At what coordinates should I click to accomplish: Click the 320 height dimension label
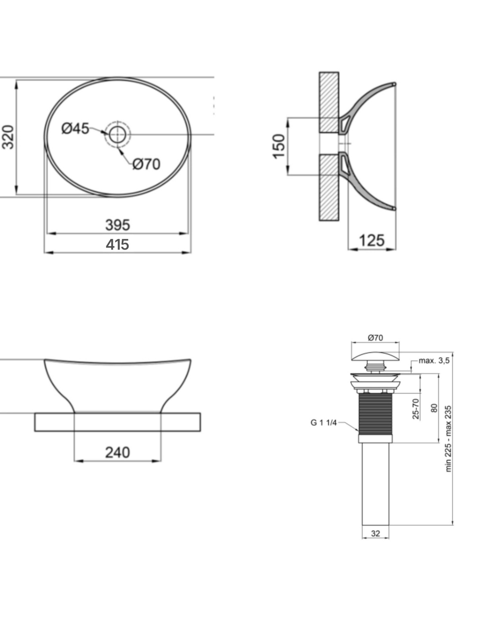coord(8,137)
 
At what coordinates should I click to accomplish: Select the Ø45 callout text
coord(75,128)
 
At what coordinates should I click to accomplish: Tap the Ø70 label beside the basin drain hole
coord(146,164)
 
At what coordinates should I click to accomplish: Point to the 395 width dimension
coord(118,225)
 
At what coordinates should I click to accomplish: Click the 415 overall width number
coord(117,244)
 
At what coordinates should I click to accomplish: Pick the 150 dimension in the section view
coord(279,146)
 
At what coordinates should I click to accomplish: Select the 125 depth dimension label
coord(372,240)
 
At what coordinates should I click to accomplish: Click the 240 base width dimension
coord(118,452)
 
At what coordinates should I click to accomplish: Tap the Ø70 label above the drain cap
coord(375,338)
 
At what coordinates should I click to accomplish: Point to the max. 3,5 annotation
coord(434,360)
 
